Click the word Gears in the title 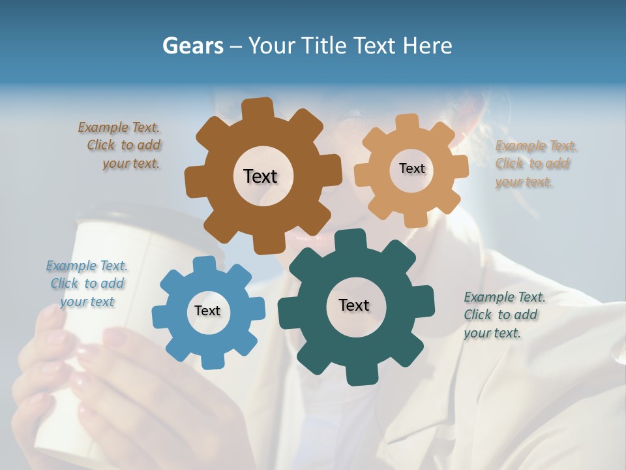(192, 46)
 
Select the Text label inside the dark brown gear (260, 176)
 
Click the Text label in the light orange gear (411, 168)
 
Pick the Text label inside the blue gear (207, 311)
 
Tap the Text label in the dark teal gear (354, 305)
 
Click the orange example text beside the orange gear (535, 164)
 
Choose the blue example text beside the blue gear (87, 283)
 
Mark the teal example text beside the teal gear (504, 315)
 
